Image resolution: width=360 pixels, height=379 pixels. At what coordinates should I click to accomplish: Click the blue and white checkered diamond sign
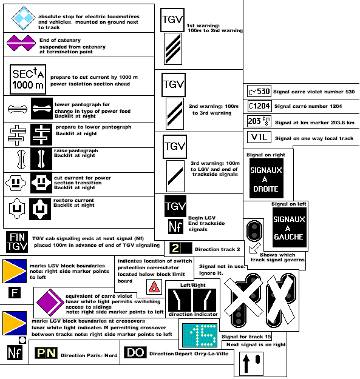(24, 18)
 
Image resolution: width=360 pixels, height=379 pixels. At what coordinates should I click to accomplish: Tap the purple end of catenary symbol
(21, 43)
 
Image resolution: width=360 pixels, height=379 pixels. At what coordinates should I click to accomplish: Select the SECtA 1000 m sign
(28, 79)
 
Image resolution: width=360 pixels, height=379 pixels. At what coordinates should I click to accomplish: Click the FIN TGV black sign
(16, 242)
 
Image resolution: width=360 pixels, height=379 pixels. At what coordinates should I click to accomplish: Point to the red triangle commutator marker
(154, 287)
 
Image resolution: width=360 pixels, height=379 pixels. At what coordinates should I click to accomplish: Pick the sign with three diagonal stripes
(173, 49)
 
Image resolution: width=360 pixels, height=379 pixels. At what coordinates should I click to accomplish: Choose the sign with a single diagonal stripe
(175, 176)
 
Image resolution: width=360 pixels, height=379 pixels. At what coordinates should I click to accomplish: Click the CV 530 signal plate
(259, 92)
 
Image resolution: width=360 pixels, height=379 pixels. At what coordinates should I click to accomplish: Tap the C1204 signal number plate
(259, 106)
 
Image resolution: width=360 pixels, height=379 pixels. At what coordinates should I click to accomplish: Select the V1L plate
(259, 137)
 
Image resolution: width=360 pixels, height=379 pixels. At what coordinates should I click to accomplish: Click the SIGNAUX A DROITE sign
(266, 178)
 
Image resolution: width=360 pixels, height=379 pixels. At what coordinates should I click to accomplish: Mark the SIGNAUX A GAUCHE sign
(290, 227)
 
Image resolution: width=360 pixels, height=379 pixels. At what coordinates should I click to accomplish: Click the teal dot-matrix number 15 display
(200, 335)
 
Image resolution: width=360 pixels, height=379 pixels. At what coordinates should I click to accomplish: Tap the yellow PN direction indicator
(46, 353)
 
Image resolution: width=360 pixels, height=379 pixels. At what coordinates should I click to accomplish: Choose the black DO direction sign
(135, 352)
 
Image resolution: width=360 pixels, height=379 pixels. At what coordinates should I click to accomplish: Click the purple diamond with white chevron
(50, 303)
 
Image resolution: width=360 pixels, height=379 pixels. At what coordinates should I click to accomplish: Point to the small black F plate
(15, 293)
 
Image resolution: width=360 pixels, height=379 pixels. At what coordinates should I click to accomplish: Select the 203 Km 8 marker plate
(259, 121)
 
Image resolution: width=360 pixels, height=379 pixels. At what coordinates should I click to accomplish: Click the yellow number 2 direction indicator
(181, 248)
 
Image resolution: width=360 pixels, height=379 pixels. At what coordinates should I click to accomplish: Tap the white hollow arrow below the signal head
(255, 248)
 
